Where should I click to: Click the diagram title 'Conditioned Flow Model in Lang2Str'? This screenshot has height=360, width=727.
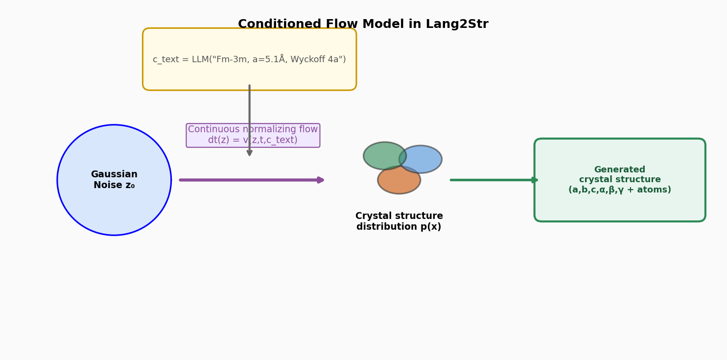(363, 24)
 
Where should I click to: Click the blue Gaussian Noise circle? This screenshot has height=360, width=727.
(114, 211)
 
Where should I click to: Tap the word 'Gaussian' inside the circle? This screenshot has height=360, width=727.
(114, 174)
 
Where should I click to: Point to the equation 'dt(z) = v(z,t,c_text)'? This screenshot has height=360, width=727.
(253, 141)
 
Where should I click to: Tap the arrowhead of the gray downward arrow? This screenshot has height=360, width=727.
(250, 153)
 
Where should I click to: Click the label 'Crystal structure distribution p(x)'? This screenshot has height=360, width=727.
(399, 221)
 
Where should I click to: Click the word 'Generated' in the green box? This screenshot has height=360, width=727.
(619, 169)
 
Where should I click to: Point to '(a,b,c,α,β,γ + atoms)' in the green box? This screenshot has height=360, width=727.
(619, 190)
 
